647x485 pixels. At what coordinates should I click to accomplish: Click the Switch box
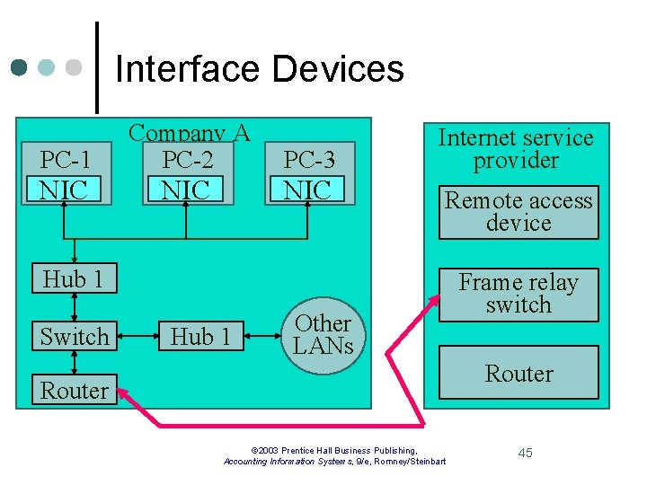pyautogui.click(x=74, y=337)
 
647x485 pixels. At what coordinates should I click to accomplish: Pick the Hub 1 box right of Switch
pyautogui.click(x=200, y=337)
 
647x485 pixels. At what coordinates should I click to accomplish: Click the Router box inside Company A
pyautogui.click(x=74, y=391)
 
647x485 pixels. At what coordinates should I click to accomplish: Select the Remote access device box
pyautogui.click(x=518, y=212)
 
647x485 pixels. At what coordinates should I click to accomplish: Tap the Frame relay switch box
pyautogui.click(x=518, y=294)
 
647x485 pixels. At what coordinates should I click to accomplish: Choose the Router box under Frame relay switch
pyautogui.click(x=518, y=373)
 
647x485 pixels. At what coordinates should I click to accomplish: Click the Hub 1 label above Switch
pyautogui.click(x=74, y=279)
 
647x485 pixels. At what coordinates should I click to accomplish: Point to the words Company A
pyautogui.click(x=189, y=133)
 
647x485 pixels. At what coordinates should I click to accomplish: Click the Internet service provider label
pyautogui.click(x=516, y=149)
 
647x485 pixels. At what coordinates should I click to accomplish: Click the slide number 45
pyautogui.click(x=526, y=453)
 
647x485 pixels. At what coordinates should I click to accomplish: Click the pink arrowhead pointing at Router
pyautogui.click(x=125, y=392)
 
